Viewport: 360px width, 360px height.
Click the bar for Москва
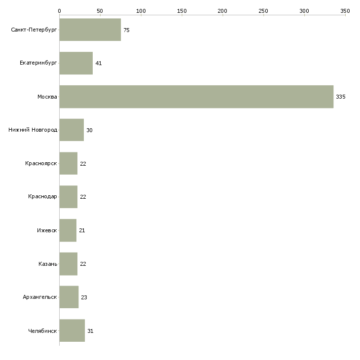click(196, 97)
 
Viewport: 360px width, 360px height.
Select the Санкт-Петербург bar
click(90, 30)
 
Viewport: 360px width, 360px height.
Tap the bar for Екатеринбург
click(76, 63)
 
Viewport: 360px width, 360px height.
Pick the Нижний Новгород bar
click(72, 130)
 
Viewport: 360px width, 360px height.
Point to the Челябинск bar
click(72, 330)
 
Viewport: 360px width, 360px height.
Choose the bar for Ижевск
click(68, 230)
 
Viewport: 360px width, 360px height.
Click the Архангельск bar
click(69, 297)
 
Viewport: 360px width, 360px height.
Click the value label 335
click(340, 97)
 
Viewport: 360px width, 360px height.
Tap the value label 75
click(127, 30)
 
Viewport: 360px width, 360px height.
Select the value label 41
click(99, 63)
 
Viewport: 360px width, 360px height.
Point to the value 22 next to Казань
click(83, 264)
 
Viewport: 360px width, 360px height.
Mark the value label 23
click(84, 297)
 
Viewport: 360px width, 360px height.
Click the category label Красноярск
click(41, 163)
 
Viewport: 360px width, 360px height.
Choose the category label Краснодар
click(42, 197)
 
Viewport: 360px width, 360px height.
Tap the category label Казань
click(48, 264)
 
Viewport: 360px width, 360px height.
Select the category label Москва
click(47, 97)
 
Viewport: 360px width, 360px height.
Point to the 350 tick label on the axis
click(345, 11)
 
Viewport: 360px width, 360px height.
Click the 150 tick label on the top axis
click(182, 11)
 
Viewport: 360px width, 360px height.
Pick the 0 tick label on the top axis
click(60, 11)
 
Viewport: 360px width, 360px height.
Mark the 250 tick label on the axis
click(263, 11)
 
